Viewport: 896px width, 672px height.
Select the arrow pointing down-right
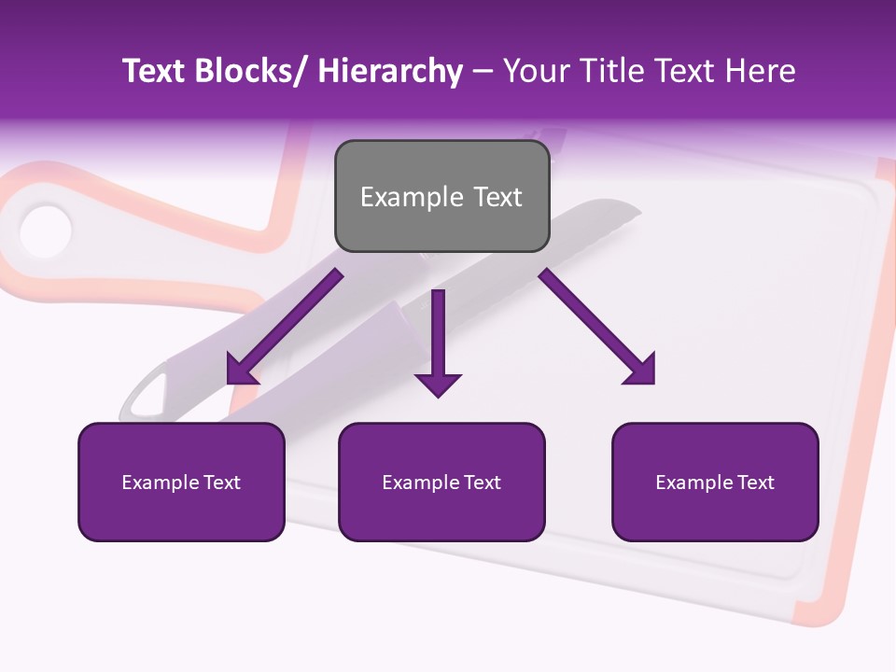[x=597, y=328]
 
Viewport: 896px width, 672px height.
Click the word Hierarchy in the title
[x=390, y=71]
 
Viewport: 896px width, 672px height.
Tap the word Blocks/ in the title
[x=251, y=71]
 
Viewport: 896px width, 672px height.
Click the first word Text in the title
[x=156, y=71]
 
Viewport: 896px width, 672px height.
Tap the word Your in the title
[x=536, y=71]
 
